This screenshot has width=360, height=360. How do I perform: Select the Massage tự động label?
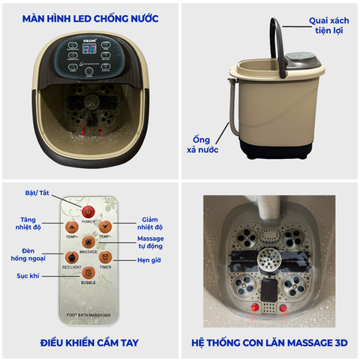click(x=150, y=244)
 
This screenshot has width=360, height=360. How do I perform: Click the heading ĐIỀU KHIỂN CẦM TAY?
click(x=90, y=343)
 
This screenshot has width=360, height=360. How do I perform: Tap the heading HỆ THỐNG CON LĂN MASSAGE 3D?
click(x=270, y=343)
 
